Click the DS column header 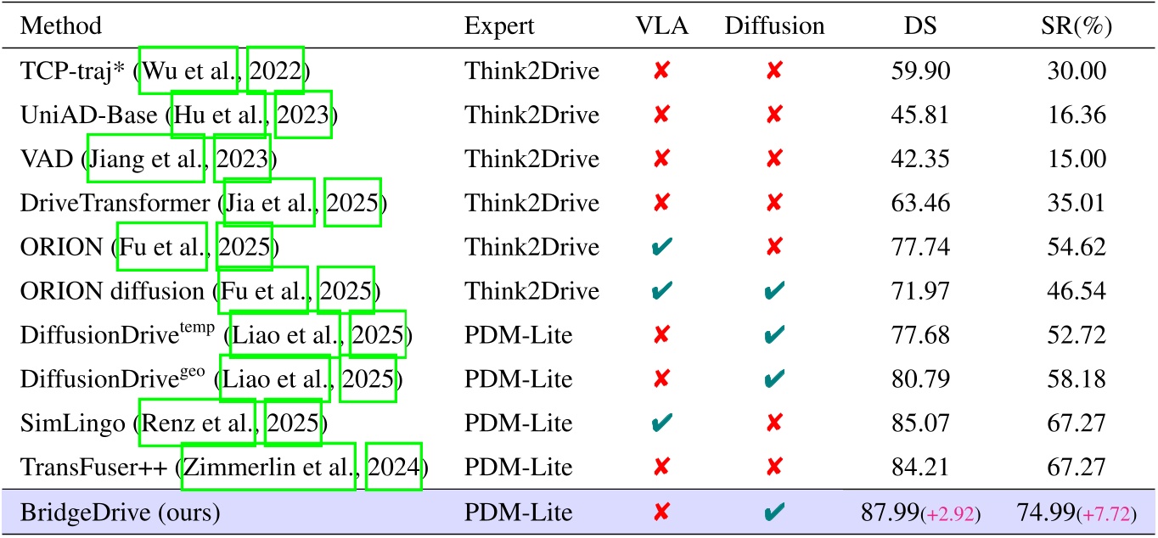click(920, 26)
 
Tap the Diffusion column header click(774, 26)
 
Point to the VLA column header click(661, 26)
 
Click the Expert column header click(499, 26)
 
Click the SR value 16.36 click(1076, 115)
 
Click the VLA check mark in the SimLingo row click(661, 423)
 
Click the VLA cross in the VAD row click(661, 159)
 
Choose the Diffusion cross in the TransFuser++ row click(774, 467)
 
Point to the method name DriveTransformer click(114, 203)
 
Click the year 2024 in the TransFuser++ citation click(394, 467)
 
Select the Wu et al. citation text click(188, 70)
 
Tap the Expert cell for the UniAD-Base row click(531, 115)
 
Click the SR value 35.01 click(1076, 203)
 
